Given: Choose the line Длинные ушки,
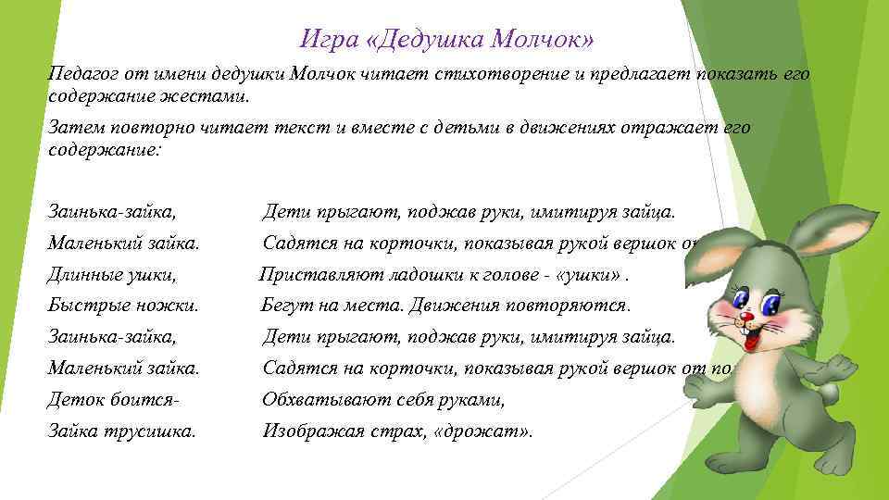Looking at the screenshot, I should [112, 274].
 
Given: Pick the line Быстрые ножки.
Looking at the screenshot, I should [123, 305].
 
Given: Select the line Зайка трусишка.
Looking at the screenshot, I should [122, 431].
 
